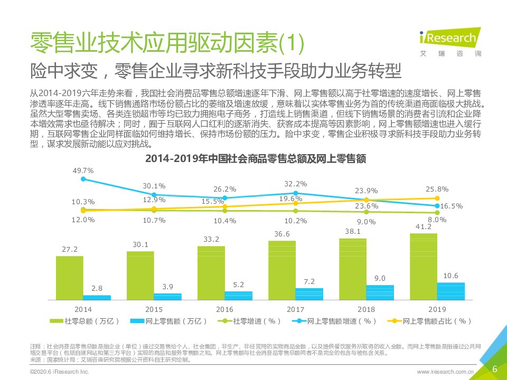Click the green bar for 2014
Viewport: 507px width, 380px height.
(70, 279)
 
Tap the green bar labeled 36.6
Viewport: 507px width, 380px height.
(282, 271)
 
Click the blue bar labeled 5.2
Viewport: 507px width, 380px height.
(239, 296)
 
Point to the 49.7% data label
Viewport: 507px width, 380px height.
(83, 170)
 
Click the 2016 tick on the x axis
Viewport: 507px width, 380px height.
(224, 309)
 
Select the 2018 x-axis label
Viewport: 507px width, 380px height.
(366, 309)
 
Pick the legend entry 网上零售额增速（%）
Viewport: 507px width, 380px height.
(334, 321)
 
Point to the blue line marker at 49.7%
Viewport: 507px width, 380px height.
(83, 179)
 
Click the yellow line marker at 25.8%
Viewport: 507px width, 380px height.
(437, 198)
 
